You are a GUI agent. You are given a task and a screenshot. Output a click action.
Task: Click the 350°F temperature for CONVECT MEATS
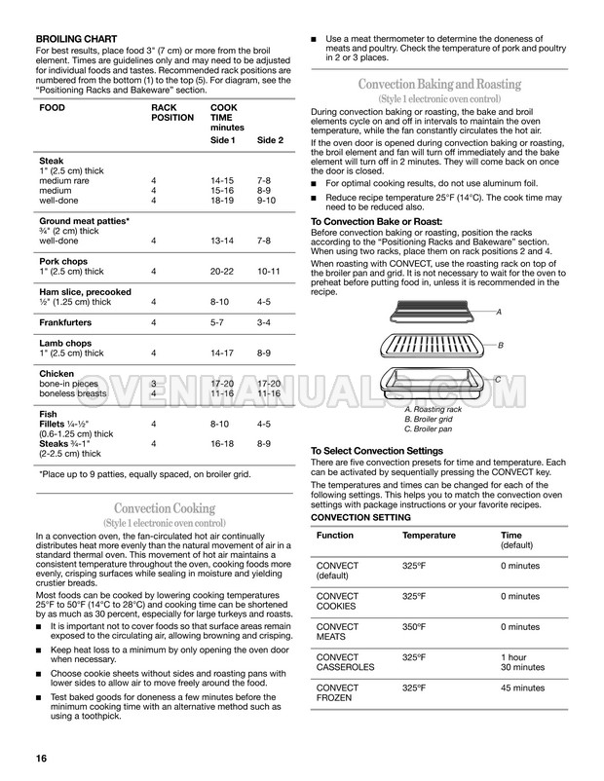(416, 627)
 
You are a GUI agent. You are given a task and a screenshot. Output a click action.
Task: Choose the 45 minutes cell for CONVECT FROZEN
(523, 689)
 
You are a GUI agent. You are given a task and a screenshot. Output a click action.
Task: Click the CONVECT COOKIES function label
(339, 602)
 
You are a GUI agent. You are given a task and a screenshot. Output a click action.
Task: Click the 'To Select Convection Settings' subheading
(377, 450)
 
